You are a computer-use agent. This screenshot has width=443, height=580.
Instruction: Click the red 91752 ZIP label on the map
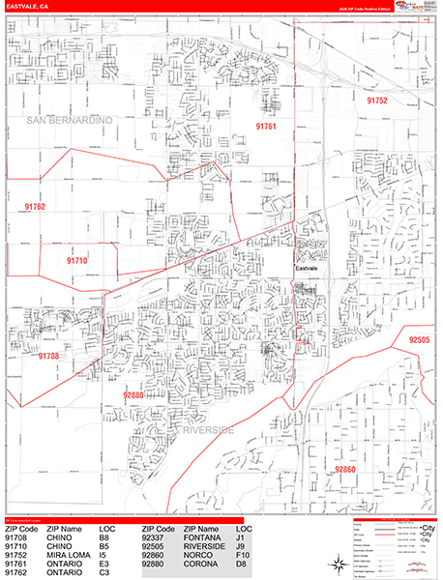[376, 100]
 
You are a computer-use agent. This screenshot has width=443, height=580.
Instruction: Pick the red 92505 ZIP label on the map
[421, 340]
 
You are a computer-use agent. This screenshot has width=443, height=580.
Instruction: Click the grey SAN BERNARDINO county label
[70, 119]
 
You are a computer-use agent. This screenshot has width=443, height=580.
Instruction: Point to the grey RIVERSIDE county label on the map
[207, 429]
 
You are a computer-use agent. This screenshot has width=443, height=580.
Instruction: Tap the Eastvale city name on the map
[308, 267]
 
